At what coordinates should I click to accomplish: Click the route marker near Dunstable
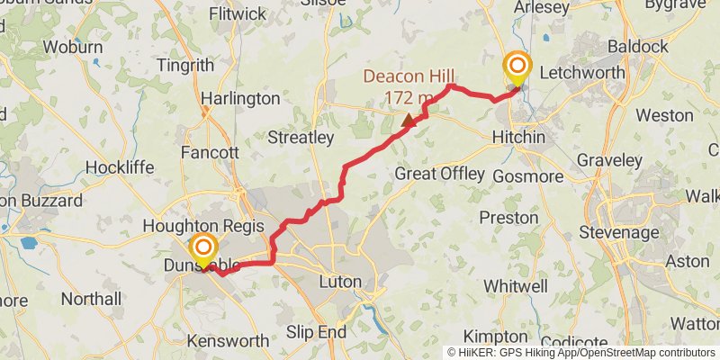click(204, 248)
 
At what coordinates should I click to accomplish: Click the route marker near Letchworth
click(517, 67)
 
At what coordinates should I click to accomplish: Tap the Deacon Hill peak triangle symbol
click(409, 119)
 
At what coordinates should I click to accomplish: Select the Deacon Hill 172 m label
click(410, 86)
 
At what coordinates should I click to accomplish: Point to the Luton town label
click(340, 282)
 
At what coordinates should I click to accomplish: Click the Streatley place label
click(301, 138)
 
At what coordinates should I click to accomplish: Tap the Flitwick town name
click(237, 14)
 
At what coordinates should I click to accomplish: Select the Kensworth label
click(228, 341)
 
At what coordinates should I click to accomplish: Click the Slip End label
click(316, 332)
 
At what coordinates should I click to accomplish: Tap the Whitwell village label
click(514, 285)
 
